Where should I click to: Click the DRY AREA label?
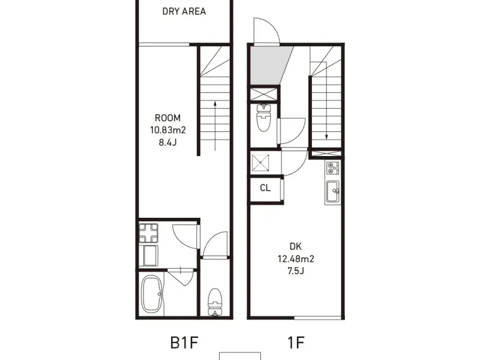[184, 11]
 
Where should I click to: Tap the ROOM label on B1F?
[167, 118]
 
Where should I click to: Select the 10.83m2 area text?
[168, 130]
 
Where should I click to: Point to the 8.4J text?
[168, 142]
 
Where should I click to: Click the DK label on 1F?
[295, 247]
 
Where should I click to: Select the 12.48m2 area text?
[296, 259]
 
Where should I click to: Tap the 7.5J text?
[296, 271]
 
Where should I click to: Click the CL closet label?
[265, 188]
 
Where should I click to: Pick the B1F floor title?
[184, 343]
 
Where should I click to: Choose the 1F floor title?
[296, 343]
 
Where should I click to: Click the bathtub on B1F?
[152, 294]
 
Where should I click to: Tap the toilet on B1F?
[215, 302]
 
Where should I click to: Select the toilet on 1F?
[263, 118]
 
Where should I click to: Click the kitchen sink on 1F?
[332, 191]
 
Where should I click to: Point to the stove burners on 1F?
[332, 168]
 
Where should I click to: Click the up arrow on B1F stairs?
[215, 126]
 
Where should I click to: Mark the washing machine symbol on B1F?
[148, 233]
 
